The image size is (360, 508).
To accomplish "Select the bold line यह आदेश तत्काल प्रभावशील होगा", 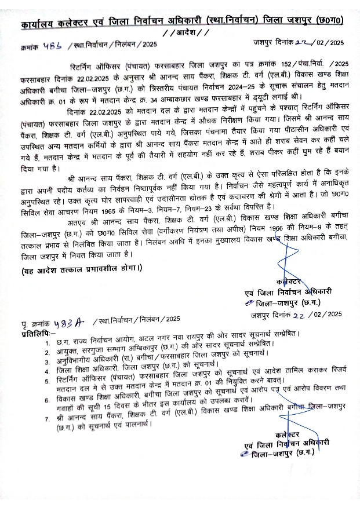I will tap(81, 271).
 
